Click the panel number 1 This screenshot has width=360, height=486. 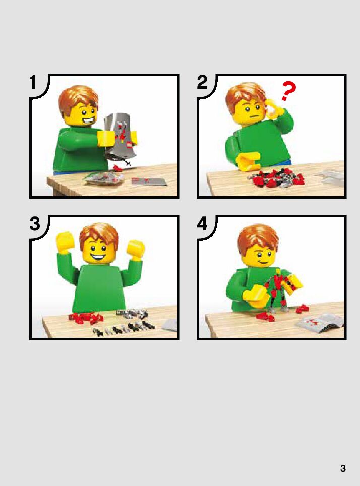(33, 83)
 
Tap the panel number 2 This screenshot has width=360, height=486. (202, 82)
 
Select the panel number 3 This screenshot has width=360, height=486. (35, 223)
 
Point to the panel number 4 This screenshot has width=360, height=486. (202, 223)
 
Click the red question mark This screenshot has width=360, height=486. (288, 91)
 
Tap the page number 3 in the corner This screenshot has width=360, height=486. (343, 468)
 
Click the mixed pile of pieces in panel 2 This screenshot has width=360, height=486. (275, 178)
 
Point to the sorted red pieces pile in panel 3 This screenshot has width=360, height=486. (86, 318)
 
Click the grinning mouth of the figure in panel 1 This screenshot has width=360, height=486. (85, 120)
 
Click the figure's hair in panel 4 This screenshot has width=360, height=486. (258, 237)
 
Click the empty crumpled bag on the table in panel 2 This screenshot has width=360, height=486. (331, 176)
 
